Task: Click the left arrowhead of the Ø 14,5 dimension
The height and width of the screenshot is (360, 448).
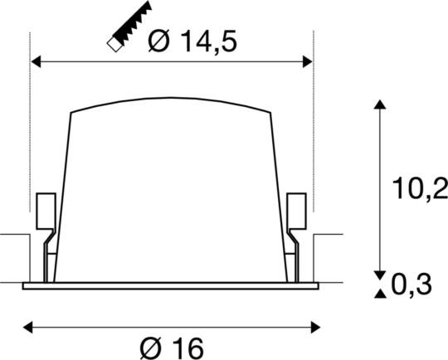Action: pyautogui.click(x=35, y=61)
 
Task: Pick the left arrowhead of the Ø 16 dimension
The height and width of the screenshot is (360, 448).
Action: pyautogui.click(x=26, y=326)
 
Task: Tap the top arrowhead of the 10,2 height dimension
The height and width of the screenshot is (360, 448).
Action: pyautogui.click(x=379, y=105)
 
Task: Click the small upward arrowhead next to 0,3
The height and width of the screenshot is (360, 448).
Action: pyautogui.click(x=379, y=293)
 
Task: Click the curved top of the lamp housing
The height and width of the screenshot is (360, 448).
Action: pyautogui.click(x=171, y=102)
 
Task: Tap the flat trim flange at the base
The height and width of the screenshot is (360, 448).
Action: pyautogui.click(x=170, y=286)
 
